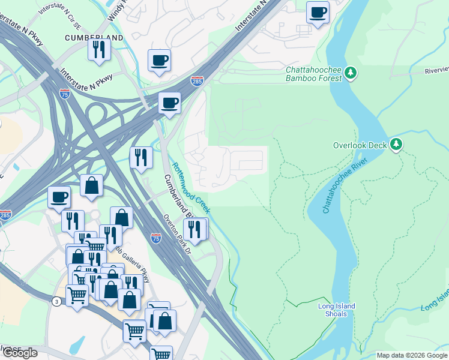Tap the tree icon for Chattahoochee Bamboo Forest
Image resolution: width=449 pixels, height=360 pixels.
[351, 74]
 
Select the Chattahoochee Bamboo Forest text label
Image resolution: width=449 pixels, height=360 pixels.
[313, 74]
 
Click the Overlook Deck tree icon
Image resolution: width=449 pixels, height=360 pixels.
[396, 145]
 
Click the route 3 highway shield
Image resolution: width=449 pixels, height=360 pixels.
[56, 300]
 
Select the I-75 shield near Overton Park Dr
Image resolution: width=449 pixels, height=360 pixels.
[156, 238]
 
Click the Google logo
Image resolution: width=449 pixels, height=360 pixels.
[20, 353]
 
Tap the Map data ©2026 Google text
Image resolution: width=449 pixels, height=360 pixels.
[412, 355]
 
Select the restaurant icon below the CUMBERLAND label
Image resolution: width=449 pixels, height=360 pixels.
[100, 49]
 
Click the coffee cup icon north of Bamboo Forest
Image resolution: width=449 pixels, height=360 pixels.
[318, 12]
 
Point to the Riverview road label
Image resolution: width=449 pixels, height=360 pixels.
[436, 70]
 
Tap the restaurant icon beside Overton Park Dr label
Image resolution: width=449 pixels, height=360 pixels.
[195, 229]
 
